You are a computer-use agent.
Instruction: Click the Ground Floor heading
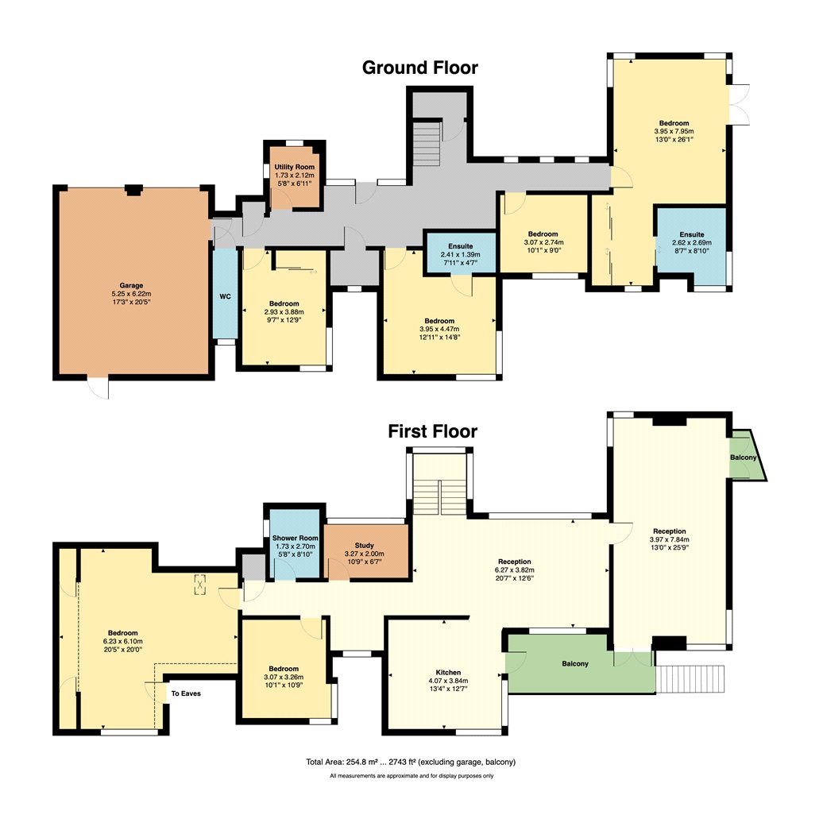click(x=419, y=68)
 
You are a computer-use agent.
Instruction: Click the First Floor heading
click(x=432, y=431)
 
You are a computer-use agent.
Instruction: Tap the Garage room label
click(x=131, y=286)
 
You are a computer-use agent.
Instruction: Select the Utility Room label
click(x=294, y=167)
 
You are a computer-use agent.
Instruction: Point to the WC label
click(x=225, y=297)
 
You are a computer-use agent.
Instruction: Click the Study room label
click(x=365, y=546)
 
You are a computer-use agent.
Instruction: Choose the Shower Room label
click(x=295, y=539)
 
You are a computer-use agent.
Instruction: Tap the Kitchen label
click(x=448, y=672)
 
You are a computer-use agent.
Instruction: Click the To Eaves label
click(x=186, y=693)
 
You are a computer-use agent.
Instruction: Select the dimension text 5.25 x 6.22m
click(x=131, y=294)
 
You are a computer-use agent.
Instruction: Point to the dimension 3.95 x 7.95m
click(x=674, y=131)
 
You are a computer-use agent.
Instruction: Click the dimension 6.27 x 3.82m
click(x=515, y=570)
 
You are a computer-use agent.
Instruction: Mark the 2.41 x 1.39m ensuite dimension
click(x=460, y=255)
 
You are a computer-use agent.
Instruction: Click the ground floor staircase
click(x=427, y=144)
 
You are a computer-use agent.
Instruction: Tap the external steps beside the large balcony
click(x=690, y=678)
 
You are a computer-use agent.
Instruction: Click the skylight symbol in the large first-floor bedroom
click(x=199, y=585)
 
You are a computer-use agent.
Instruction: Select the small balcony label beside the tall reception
click(x=743, y=458)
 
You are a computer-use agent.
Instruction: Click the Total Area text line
click(x=411, y=762)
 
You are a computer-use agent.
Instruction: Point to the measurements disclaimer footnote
click(x=411, y=776)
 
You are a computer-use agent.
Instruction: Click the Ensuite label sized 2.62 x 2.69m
click(x=692, y=234)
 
